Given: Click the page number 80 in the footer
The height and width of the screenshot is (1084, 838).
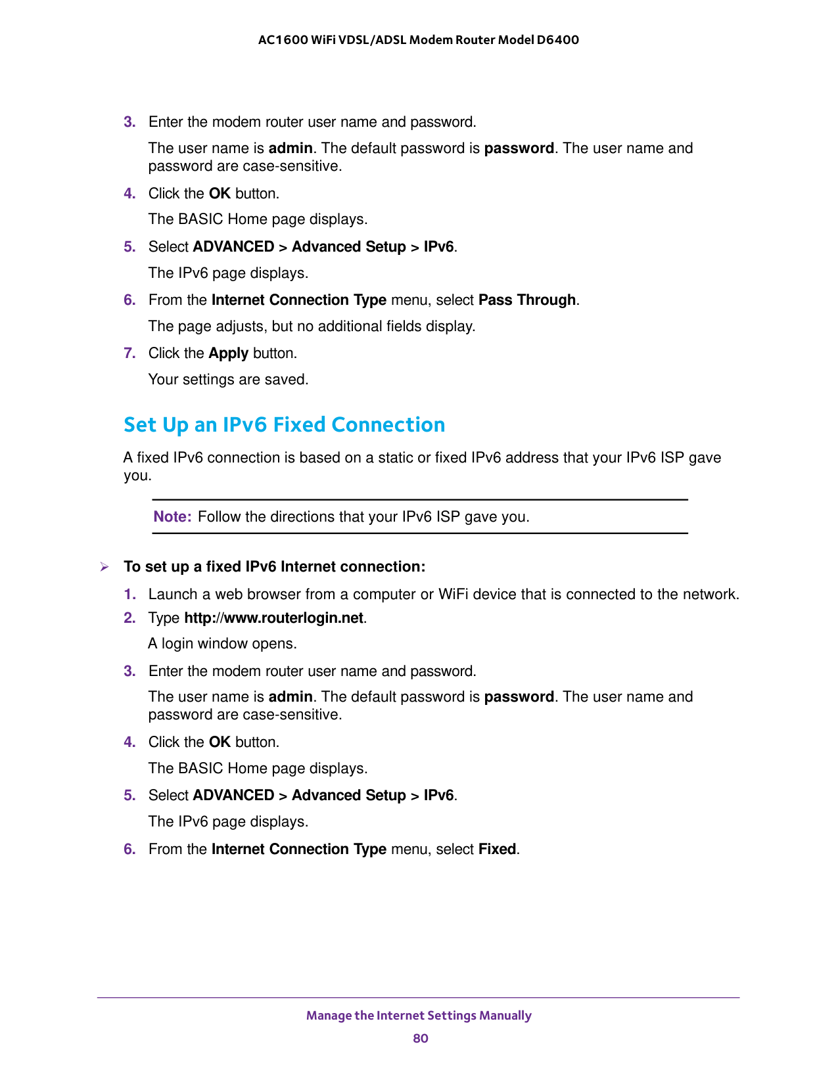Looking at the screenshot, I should [x=421, y=1038].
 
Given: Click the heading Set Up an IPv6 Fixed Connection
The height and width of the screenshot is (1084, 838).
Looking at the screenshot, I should [x=284, y=425].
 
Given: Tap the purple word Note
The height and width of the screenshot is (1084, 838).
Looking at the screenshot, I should [x=172, y=517].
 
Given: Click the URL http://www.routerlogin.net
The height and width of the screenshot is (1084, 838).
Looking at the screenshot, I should [x=273, y=618].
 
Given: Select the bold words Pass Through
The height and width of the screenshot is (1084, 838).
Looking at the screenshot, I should [x=527, y=300].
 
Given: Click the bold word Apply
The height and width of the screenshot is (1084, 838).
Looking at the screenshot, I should [x=228, y=353].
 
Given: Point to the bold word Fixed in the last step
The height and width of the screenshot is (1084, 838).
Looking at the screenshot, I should [x=497, y=849].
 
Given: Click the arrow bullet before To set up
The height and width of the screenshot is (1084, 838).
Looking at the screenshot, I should [x=104, y=567].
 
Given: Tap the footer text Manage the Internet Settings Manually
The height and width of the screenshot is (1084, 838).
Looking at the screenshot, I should [x=419, y=1016].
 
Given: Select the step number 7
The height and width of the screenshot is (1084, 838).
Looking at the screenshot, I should [x=129, y=353].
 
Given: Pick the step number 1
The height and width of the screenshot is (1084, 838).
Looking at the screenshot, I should [x=129, y=595].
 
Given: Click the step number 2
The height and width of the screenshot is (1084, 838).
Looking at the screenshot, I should [x=129, y=618].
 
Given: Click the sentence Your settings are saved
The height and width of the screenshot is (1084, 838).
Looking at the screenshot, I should [x=228, y=380].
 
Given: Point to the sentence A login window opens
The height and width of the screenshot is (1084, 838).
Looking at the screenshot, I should [x=222, y=644].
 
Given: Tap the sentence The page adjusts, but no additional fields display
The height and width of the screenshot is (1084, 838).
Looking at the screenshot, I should [x=312, y=327].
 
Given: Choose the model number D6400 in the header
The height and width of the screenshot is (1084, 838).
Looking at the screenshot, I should [x=557, y=40].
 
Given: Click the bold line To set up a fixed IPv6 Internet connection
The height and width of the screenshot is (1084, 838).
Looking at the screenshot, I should [x=274, y=567].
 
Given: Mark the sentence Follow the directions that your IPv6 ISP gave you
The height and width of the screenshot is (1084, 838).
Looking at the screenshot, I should [x=363, y=517].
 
